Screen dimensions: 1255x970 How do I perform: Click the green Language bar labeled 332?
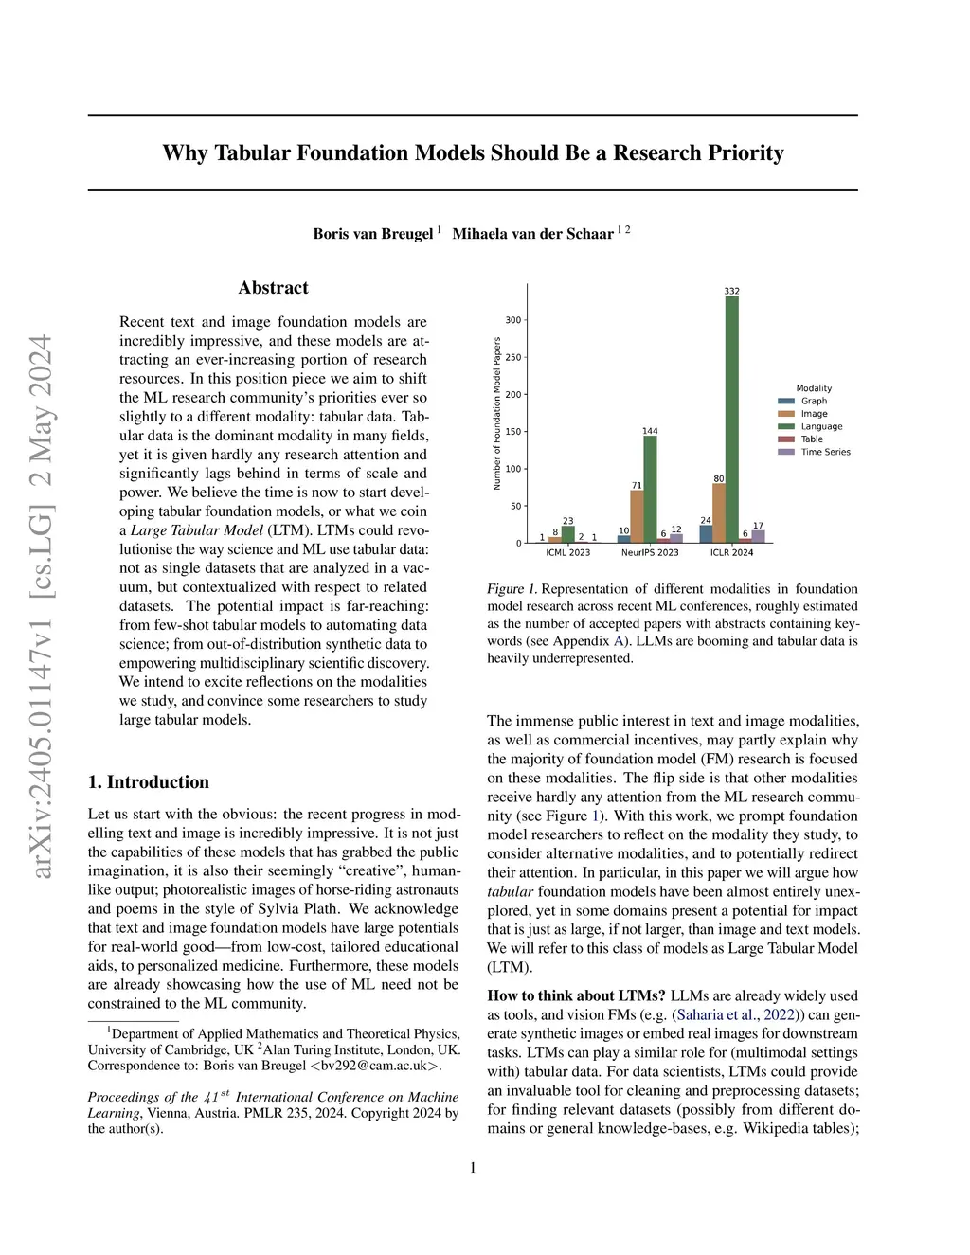tap(732, 419)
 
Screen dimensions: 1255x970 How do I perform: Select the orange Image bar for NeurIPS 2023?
tap(637, 516)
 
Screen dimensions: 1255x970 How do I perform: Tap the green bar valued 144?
tap(650, 489)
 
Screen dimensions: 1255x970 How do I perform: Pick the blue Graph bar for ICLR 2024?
tap(706, 534)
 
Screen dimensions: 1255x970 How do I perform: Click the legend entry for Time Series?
tap(825, 452)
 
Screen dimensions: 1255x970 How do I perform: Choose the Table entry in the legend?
tap(812, 439)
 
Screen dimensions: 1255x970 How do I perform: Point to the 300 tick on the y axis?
tap(512, 320)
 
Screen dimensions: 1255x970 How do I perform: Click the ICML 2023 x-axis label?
tap(567, 552)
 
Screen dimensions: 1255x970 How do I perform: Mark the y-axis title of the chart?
tap(497, 413)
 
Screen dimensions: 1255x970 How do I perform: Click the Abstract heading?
tap(273, 288)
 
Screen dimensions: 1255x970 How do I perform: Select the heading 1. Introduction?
tap(149, 782)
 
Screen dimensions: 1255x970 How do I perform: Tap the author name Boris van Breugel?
tap(373, 234)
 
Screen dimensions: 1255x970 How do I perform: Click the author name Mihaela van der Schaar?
tap(532, 234)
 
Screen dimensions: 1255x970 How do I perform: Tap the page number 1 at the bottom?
tap(473, 1168)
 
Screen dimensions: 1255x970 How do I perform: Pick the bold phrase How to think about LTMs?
tap(576, 995)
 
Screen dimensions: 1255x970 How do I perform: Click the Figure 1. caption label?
tap(512, 589)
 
